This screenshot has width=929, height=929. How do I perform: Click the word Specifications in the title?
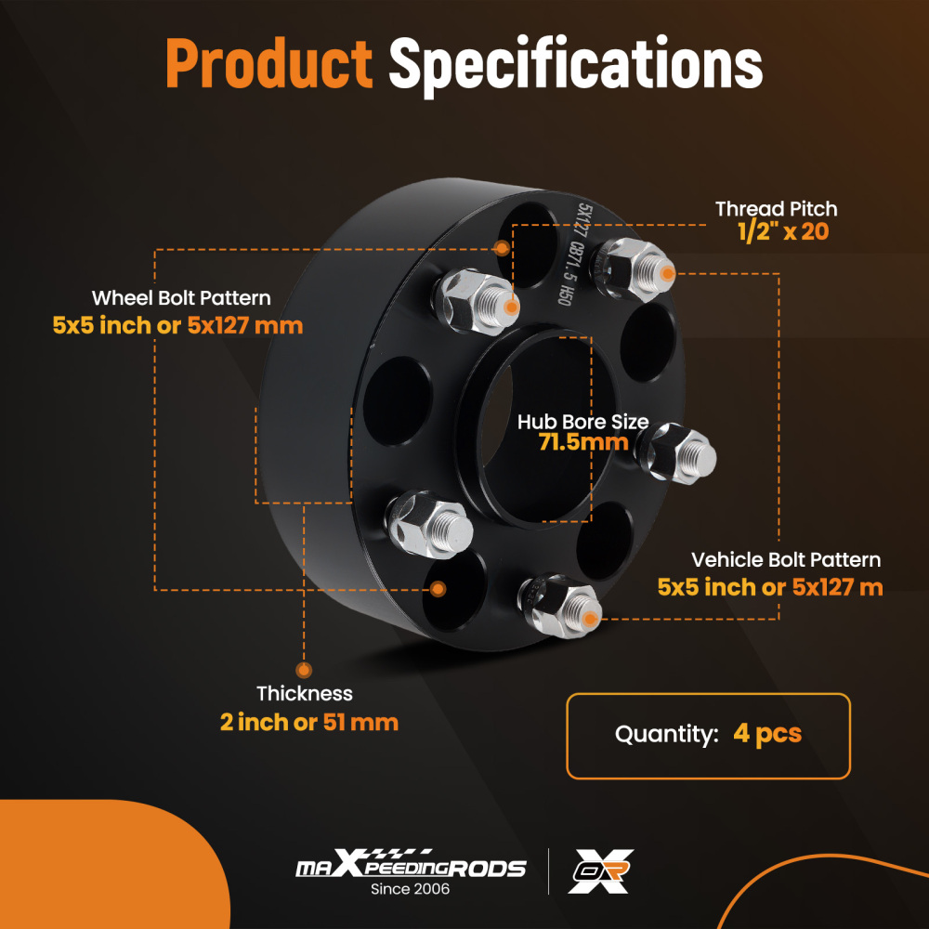tap(575, 65)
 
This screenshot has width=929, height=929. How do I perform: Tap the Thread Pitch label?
tap(776, 209)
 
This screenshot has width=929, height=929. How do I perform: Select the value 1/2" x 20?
tap(782, 232)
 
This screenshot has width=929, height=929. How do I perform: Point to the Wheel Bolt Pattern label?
tap(181, 298)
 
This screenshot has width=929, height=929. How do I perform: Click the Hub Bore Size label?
tap(582, 423)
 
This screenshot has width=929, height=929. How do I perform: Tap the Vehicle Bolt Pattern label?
tap(786, 560)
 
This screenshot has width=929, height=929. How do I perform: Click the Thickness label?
tap(305, 693)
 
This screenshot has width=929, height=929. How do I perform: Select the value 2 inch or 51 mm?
tap(309, 722)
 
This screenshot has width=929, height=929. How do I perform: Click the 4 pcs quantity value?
tap(766, 734)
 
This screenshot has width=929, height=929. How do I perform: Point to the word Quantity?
tap(666, 734)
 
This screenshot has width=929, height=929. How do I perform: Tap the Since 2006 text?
tap(410, 889)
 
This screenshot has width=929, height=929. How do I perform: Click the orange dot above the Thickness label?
tap(304, 669)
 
